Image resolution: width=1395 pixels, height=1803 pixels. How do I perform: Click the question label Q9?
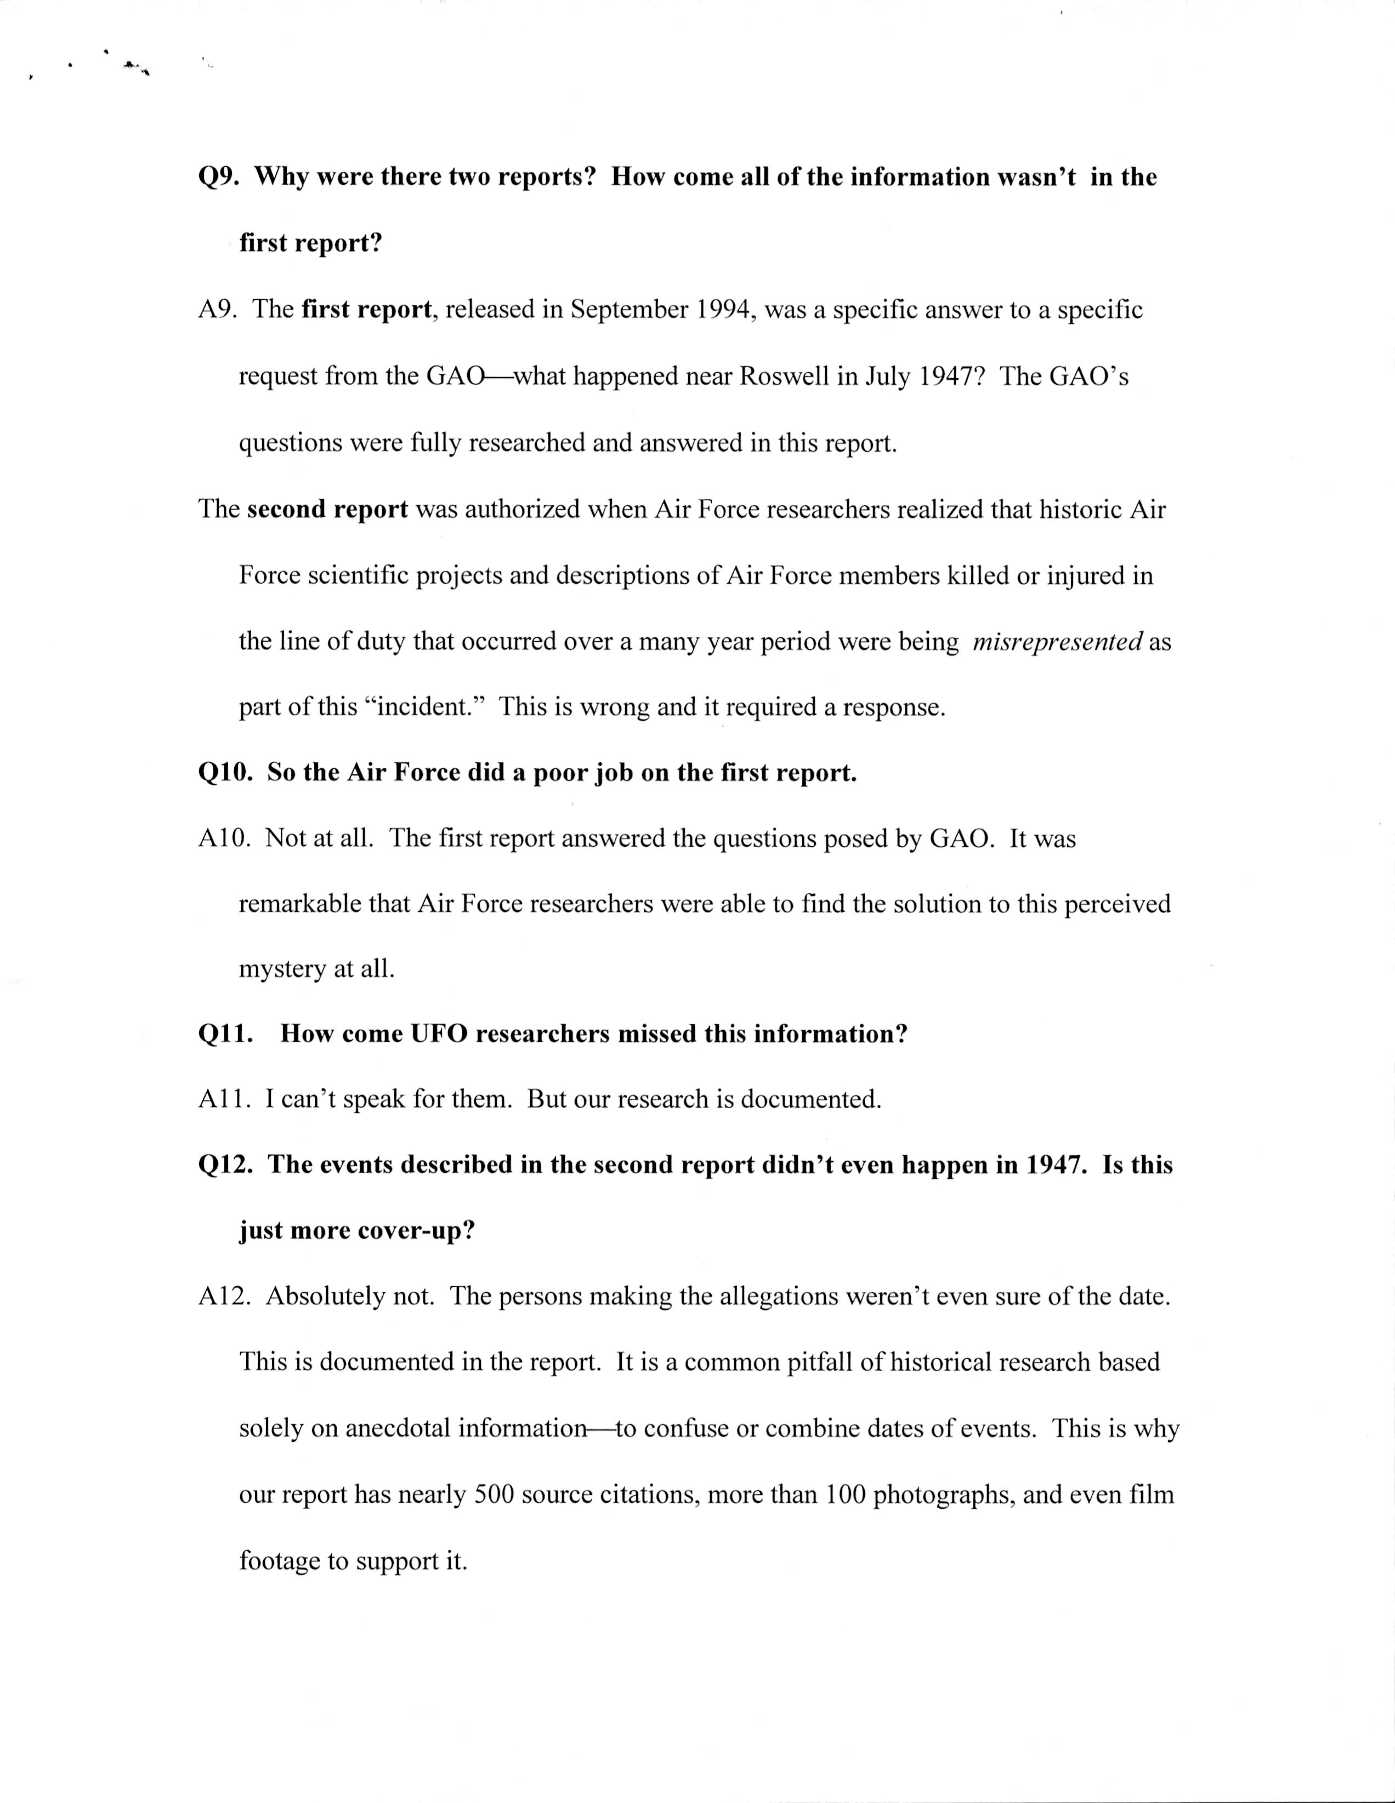coord(219,178)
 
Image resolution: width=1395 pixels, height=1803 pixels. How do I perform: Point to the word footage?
coord(280,1561)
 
